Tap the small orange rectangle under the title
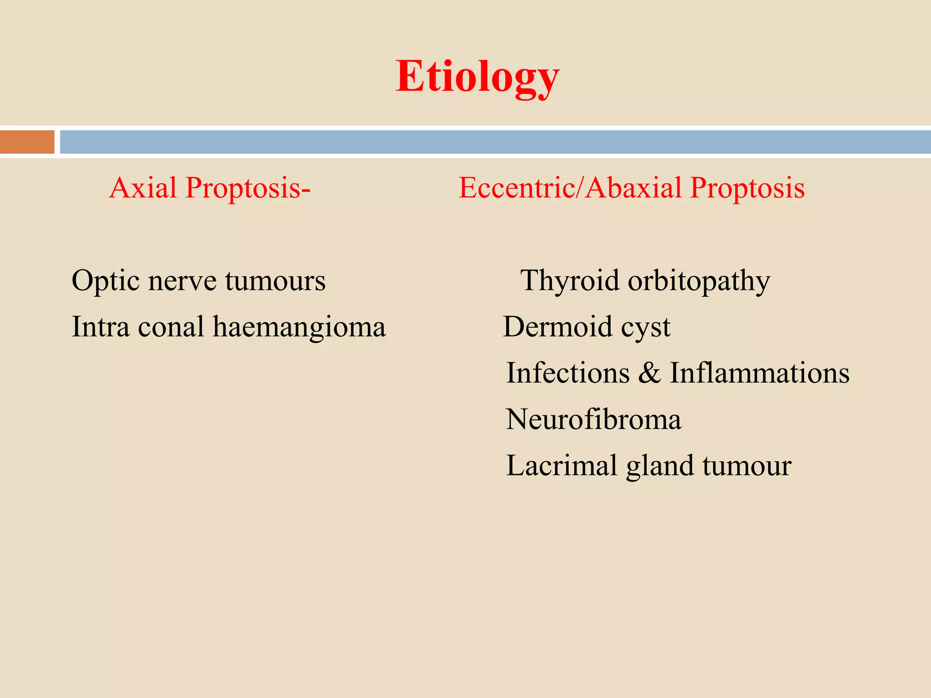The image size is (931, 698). [27, 142]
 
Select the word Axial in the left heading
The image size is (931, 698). [143, 188]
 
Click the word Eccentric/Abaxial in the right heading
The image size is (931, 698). [570, 188]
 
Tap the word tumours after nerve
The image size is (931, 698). [275, 281]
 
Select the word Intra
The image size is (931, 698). [100, 327]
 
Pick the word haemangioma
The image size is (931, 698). [299, 327]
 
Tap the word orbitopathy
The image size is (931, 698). [699, 281]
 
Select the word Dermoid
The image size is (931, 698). [558, 327]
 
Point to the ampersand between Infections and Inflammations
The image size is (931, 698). [650, 373]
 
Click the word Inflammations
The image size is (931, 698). [760, 373]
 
